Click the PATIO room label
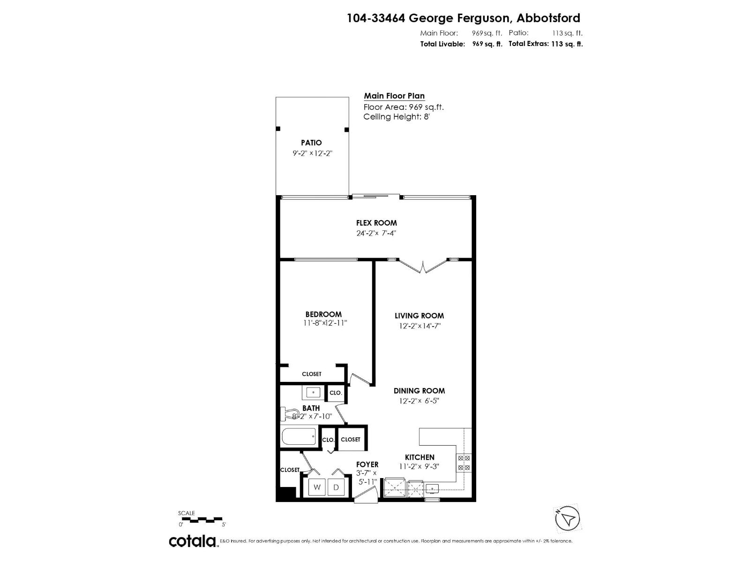[311, 143]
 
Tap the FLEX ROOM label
[376, 223]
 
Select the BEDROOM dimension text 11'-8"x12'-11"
[325, 323]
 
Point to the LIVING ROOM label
[419, 316]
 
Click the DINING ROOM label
[419, 390]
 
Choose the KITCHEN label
[420, 457]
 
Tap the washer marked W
[317, 487]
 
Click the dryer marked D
[336, 487]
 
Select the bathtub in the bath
[299, 438]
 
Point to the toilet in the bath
[287, 414]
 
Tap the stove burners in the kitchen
[464, 463]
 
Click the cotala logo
[193, 541]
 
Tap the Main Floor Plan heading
[394, 96]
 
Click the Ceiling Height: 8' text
[396, 117]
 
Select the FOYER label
[367, 464]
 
